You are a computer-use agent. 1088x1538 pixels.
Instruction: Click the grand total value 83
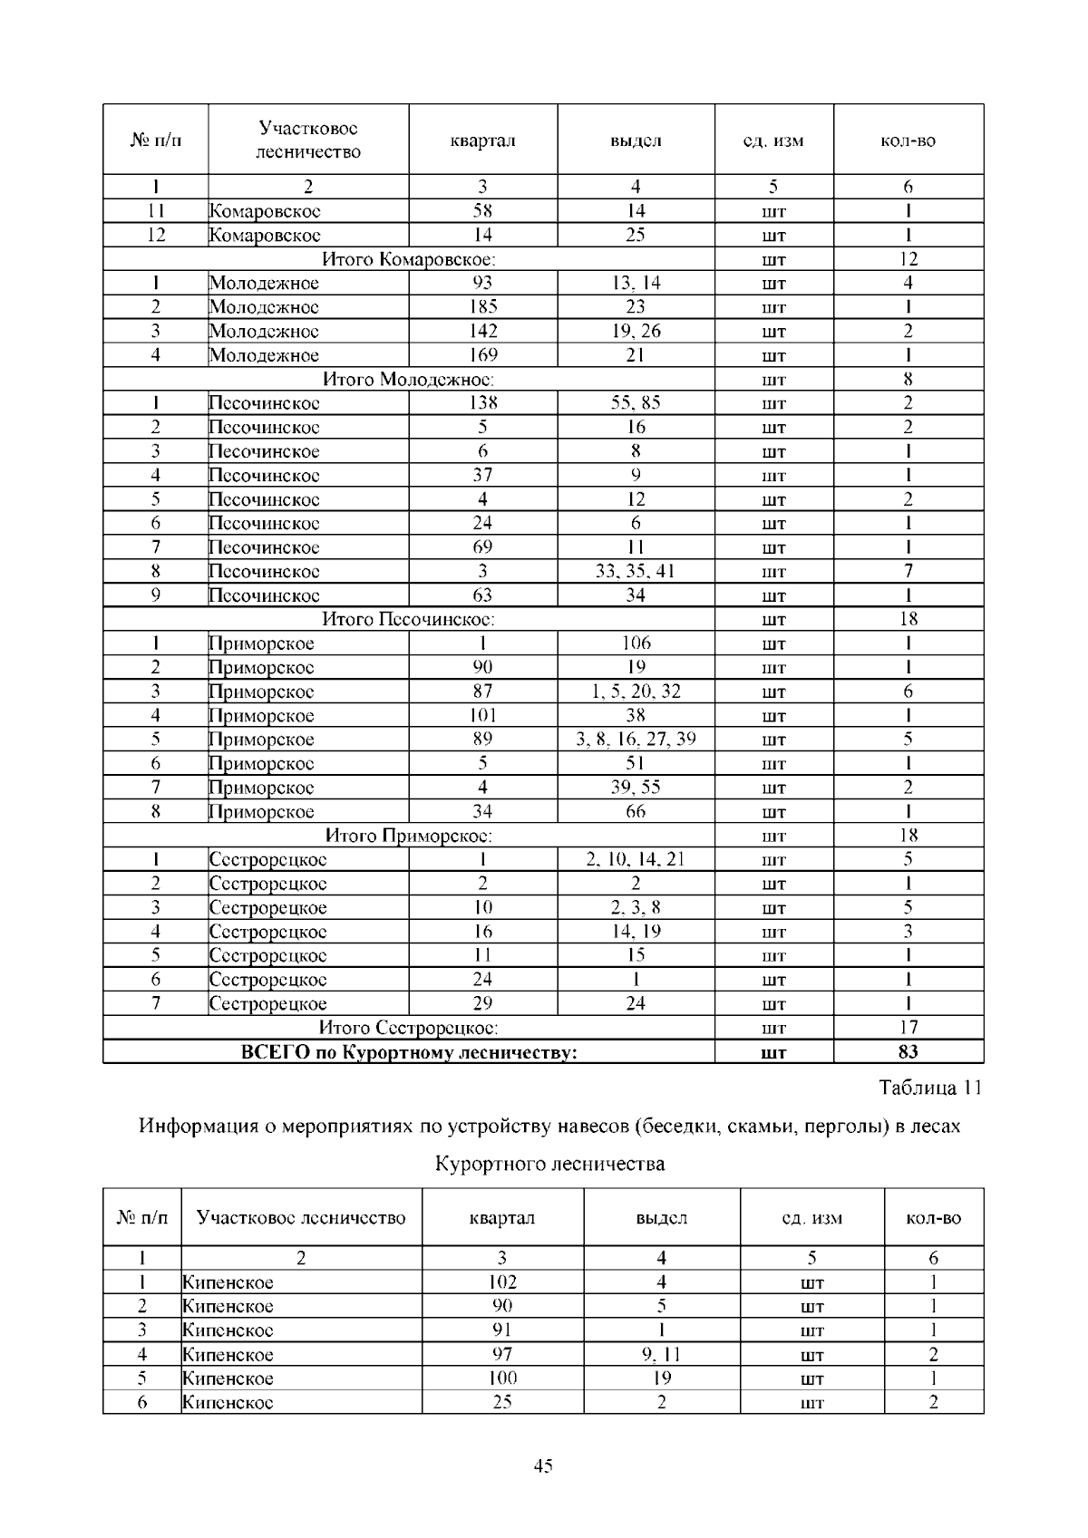click(x=908, y=1051)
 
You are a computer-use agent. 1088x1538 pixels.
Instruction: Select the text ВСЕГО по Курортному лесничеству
click(x=409, y=1051)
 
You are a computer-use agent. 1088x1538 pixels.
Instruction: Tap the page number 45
click(x=543, y=1466)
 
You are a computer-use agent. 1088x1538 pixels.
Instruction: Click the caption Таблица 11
click(x=930, y=1088)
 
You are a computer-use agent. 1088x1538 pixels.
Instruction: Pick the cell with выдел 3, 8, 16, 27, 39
click(x=636, y=739)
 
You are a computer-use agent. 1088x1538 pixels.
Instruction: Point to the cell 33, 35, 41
click(x=636, y=571)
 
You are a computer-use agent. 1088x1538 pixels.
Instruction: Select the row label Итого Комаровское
click(x=409, y=259)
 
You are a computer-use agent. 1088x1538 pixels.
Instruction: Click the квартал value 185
click(x=482, y=306)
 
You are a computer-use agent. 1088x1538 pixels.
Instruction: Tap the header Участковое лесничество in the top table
click(x=308, y=140)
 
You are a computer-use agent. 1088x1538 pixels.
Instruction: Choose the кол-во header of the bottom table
click(x=933, y=1218)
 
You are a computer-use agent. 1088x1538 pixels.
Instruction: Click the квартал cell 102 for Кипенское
click(x=502, y=1282)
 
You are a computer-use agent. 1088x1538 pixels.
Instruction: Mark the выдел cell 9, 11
click(x=661, y=1354)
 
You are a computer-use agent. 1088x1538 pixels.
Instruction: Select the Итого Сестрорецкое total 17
click(x=908, y=1027)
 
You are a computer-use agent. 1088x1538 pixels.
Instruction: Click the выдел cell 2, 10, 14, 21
click(x=636, y=859)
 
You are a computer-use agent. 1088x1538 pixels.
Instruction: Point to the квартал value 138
click(x=482, y=402)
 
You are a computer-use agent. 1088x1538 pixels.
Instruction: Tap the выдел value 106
click(x=636, y=643)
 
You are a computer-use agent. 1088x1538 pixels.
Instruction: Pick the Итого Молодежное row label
click(x=409, y=379)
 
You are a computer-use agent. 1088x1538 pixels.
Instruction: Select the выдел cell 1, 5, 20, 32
click(x=636, y=691)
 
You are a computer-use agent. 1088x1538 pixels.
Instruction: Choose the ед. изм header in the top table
click(x=773, y=140)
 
